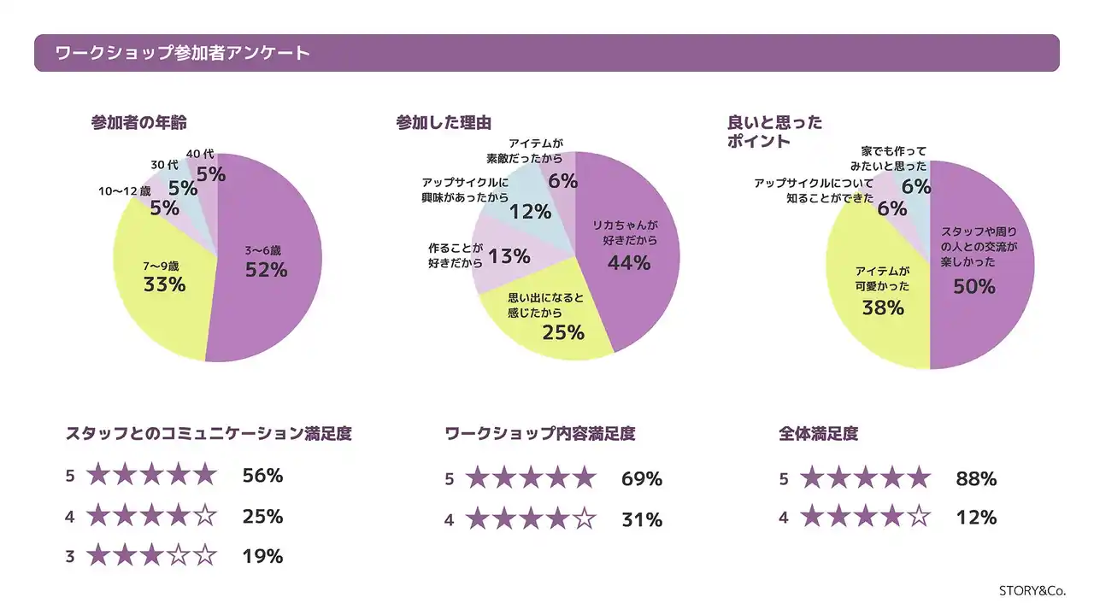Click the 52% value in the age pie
coord(266,270)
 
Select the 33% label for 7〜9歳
coord(164,284)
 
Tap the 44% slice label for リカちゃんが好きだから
coord(629,263)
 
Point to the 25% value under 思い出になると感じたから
coord(563,333)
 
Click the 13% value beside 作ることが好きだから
coord(509,255)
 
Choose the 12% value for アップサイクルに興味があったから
coord(530,211)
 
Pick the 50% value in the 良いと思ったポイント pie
coord(974,287)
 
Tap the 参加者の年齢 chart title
coord(138,122)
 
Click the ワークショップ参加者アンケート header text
coord(182,53)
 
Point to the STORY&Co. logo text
coord(1032,590)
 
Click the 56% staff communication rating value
coord(262,476)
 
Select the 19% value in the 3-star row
coord(262,557)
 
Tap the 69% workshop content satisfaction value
coord(642,479)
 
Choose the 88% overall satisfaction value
coord(976,479)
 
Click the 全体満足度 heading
coord(818,434)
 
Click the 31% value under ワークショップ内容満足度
coord(642,519)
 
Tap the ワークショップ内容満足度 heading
coord(540,434)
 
